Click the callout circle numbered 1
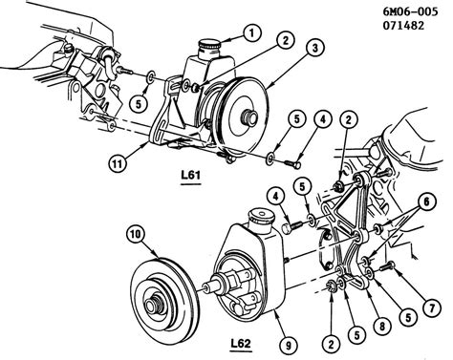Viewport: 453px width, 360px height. click(x=252, y=33)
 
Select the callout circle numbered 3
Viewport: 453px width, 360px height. click(x=315, y=49)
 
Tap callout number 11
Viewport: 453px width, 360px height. click(x=118, y=164)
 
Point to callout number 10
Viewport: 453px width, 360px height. click(x=136, y=235)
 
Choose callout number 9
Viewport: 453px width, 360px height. click(x=289, y=346)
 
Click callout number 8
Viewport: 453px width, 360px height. click(x=381, y=325)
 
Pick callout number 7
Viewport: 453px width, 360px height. click(x=432, y=307)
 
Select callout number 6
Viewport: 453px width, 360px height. click(x=427, y=201)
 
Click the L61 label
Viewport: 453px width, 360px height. click(x=191, y=175)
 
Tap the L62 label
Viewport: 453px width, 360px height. click(x=241, y=344)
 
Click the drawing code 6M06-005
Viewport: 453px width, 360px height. click(x=410, y=11)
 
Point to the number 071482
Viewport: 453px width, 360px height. click(x=403, y=26)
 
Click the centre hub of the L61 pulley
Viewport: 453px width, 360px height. click(x=250, y=117)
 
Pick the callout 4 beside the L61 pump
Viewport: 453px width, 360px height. click(x=323, y=119)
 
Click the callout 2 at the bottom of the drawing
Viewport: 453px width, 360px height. click(x=331, y=344)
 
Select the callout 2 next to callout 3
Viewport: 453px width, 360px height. click(x=285, y=40)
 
